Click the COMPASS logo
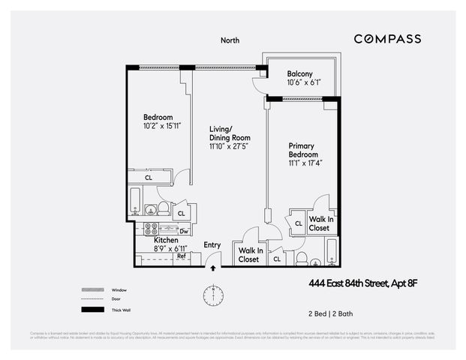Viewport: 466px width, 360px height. click(387, 39)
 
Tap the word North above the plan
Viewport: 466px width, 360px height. click(230, 40)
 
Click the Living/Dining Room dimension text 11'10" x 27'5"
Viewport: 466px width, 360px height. click(230, 148)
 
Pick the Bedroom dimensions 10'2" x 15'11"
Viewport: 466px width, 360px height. click(158, 127)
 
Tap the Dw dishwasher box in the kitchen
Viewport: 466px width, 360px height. click(183, 231)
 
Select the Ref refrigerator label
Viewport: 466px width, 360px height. click(181, 256)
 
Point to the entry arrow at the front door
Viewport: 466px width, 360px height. click(214, 265)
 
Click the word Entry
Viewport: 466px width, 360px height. click(212, 245)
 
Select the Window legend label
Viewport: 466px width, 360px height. click(119, 289)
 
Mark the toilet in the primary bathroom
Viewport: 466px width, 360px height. click(302, 259)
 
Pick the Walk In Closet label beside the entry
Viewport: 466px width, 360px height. click(249, 255)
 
